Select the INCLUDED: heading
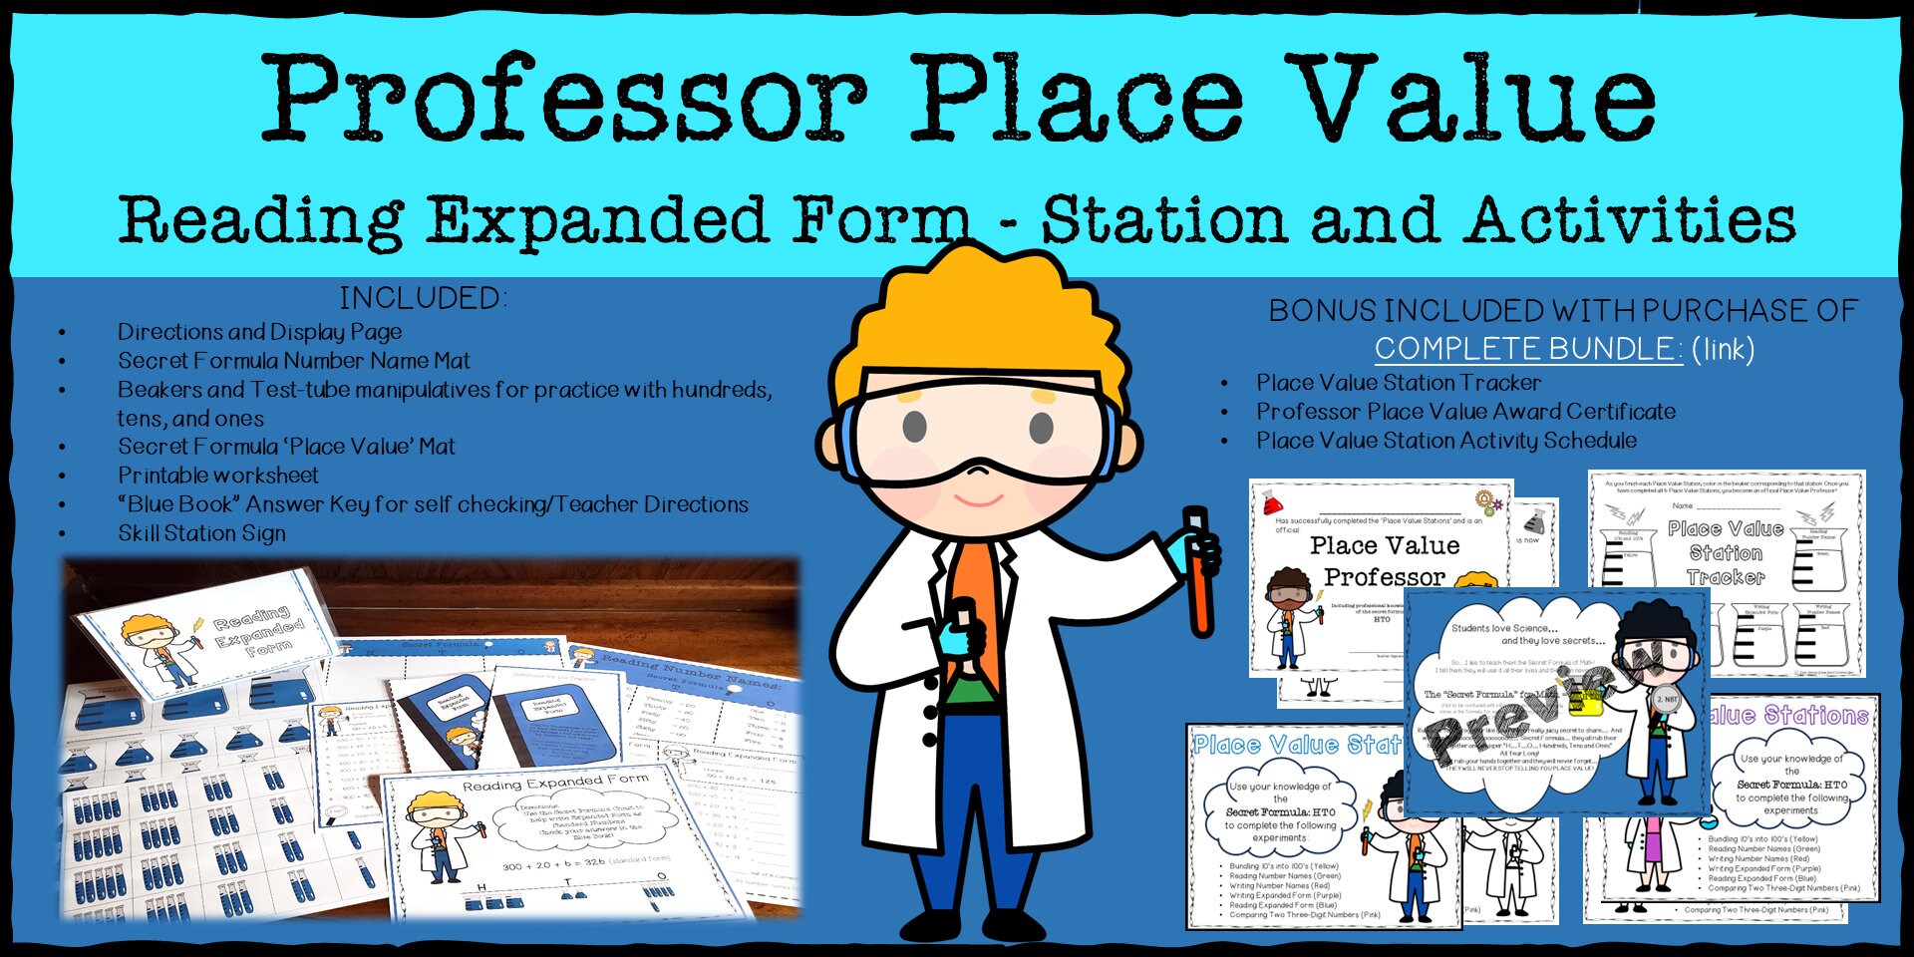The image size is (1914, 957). point(424,298)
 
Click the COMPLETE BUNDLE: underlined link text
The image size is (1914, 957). point(1528,349)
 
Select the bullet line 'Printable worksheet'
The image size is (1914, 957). point(218,476)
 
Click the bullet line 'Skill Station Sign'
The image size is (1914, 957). point(201,533)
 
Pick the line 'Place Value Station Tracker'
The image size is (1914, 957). point(1398,383)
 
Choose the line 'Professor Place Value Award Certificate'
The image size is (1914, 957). point(1465,412)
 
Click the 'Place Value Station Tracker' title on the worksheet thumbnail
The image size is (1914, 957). point(1726,552)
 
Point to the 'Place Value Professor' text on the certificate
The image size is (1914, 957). point(1384,560)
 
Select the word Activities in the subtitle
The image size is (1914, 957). point(1630,219)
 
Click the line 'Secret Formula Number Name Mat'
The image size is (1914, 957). point(294,361)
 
